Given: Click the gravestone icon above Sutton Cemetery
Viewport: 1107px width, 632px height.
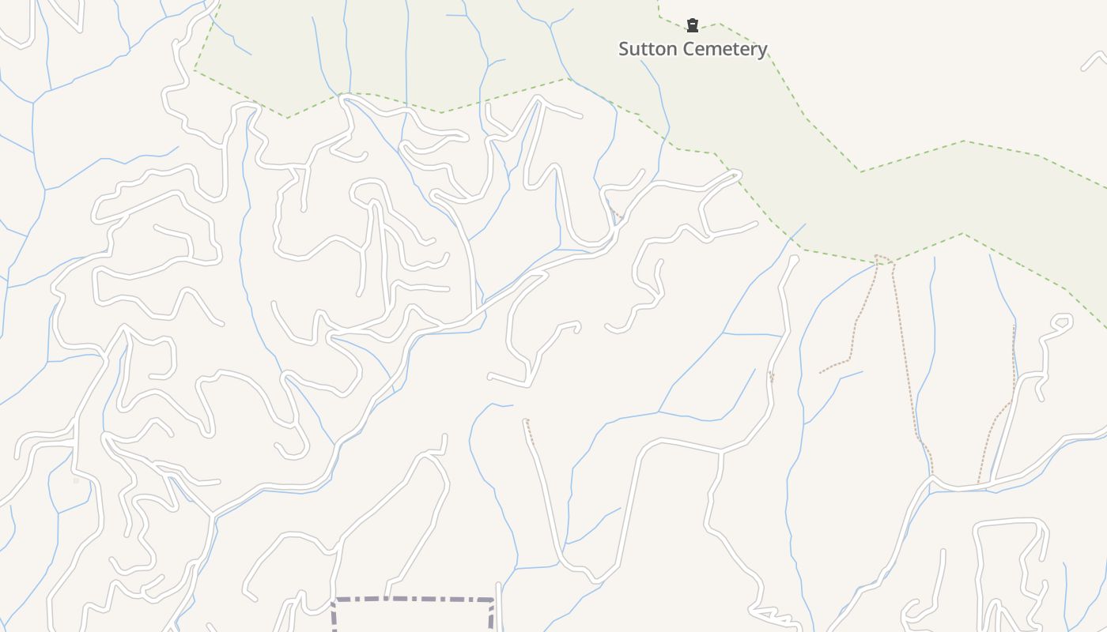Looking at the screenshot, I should (693, 25).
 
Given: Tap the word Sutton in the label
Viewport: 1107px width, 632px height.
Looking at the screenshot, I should (646, 49).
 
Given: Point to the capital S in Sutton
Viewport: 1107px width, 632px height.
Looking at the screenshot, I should (624, 49).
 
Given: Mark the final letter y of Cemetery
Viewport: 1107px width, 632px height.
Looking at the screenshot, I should (762, 51).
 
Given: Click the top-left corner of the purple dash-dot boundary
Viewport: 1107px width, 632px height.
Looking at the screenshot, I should (334, 601).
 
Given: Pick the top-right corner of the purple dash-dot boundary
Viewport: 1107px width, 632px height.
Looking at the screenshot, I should (493, 601).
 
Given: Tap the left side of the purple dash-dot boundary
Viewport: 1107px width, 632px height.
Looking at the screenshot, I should (334, 620).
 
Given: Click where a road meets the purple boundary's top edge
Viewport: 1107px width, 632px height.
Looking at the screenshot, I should (387, 599).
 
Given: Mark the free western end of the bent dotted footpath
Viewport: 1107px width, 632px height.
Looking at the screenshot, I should (821, 372).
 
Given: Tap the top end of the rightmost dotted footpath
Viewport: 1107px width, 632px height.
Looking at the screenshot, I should (1014, 326).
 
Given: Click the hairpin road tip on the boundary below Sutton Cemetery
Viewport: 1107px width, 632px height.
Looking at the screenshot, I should (735, 173).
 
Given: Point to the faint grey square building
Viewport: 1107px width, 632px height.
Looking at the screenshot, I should (77, 480).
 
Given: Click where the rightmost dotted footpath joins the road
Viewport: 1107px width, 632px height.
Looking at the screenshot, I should (979, 483).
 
